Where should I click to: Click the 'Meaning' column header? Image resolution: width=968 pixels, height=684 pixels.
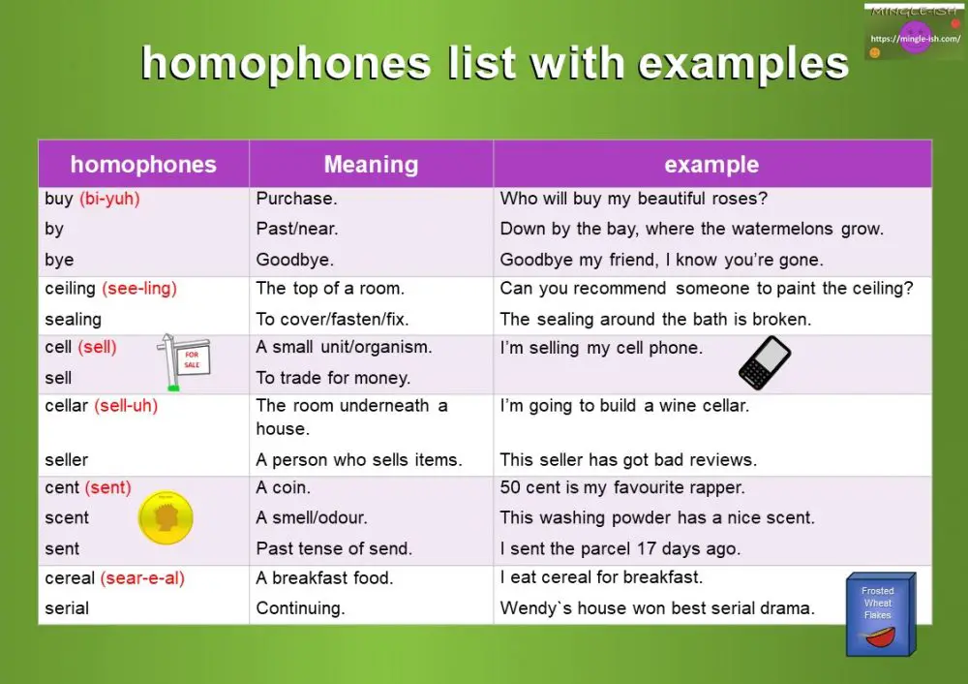(x=371, y=165)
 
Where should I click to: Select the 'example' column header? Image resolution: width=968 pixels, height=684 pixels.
(x=711, y=165)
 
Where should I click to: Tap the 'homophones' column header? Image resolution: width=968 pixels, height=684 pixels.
(x=143, y=165)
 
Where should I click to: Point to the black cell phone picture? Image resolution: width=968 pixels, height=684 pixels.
(x=765, y=363)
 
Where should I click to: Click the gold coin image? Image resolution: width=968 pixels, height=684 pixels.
(x=166, y=518)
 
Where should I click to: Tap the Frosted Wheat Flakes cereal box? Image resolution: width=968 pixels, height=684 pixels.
(x=878, y=614)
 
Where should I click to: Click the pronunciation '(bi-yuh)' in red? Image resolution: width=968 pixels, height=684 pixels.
(x=109, y=199)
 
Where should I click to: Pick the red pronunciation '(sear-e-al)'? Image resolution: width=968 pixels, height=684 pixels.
(x=142, y=577)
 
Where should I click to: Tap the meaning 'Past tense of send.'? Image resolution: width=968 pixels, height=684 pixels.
(x=334, y=548)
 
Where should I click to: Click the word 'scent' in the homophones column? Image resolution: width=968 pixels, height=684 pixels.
(x=67, y=518)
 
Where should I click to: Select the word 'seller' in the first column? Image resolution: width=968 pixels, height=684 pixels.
(x=67, y=459)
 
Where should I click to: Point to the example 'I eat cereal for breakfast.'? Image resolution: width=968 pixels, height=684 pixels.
(x=601, y=577)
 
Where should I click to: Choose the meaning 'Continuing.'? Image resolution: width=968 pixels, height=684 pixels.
(x=300, y=608)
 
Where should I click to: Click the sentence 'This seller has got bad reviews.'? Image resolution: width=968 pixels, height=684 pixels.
(x=628, y=459)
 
